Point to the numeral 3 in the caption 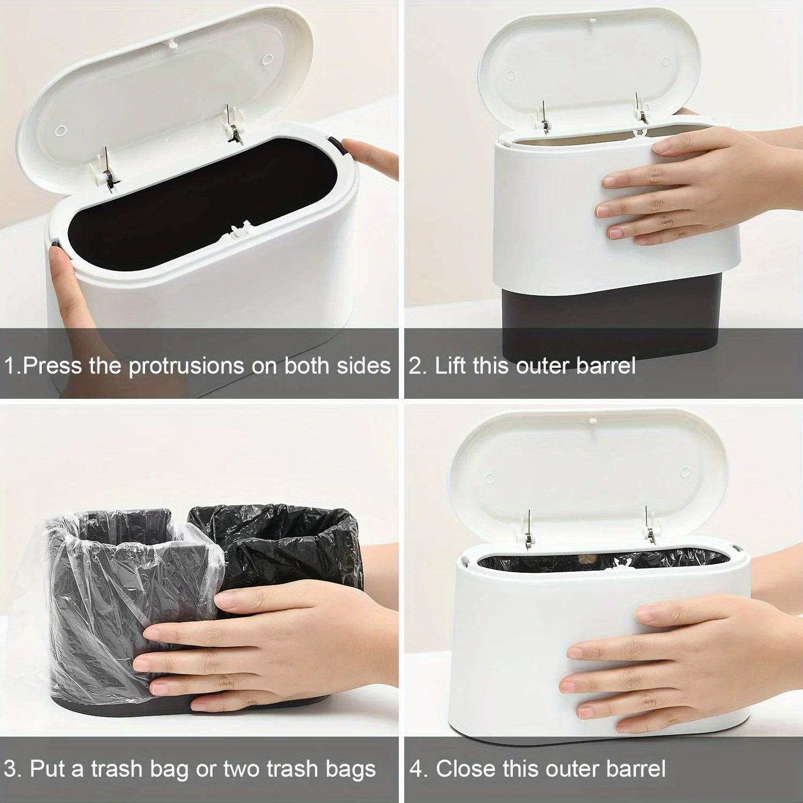coord(12,769)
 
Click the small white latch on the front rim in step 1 coord(240,230)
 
